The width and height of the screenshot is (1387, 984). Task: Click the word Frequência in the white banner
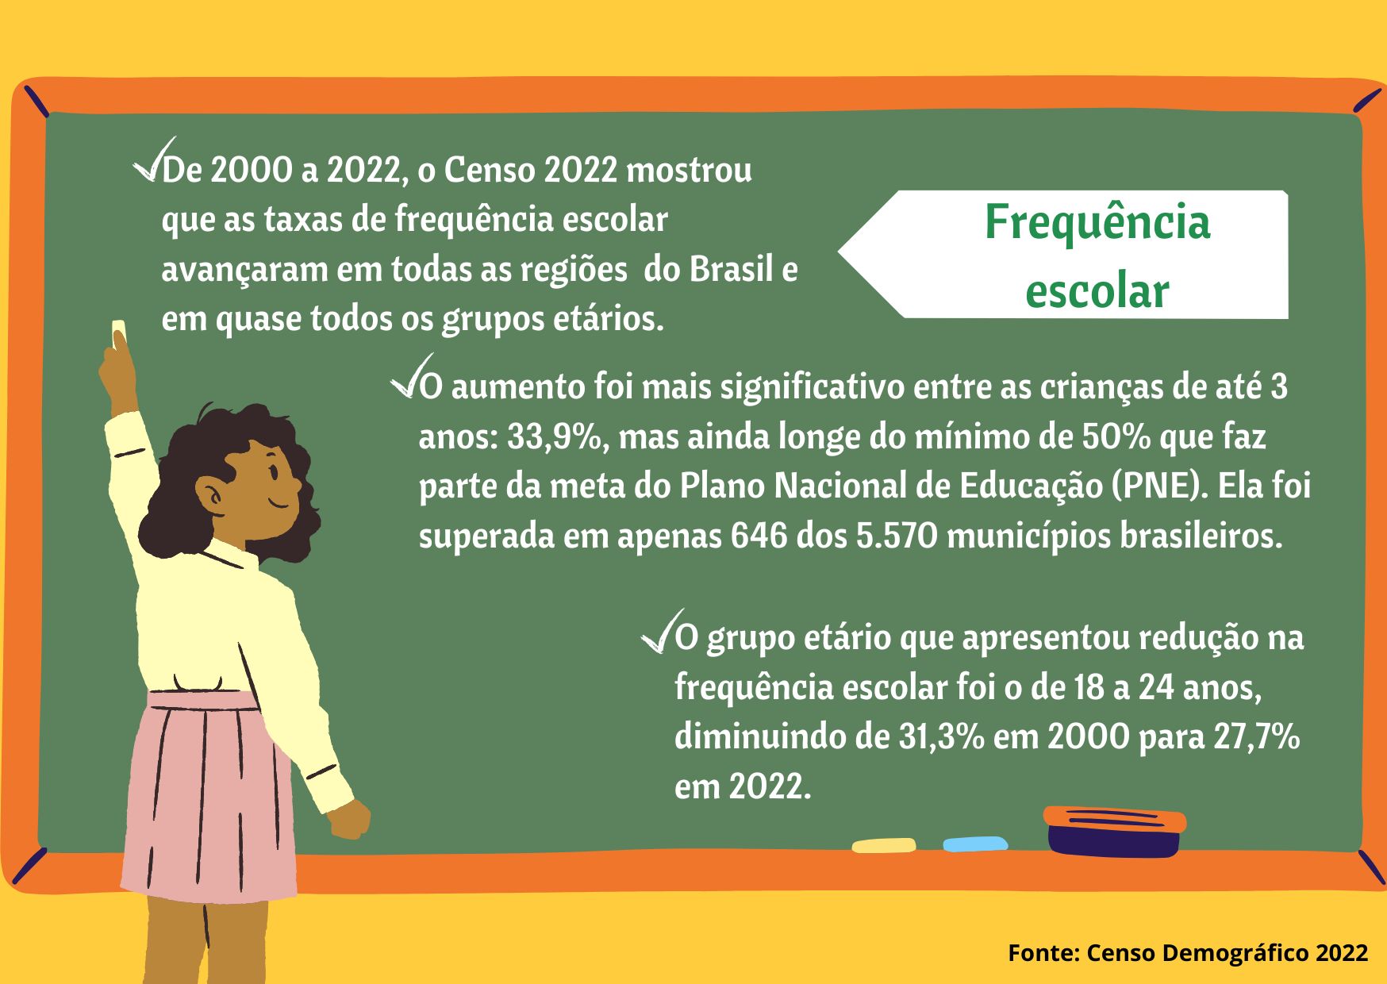tap(1097, 224)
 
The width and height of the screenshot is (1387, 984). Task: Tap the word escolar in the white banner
tap(1097, 291)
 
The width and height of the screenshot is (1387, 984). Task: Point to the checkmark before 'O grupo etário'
tap(660, 632)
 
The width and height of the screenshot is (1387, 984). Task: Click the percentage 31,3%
tap(941, 737)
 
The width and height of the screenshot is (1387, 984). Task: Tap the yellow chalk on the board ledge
tap(883, 846)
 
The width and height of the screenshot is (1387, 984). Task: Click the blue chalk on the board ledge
tap(975, 844)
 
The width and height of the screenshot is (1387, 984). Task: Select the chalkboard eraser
tap(1114, 832)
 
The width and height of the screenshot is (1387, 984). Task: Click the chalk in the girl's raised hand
tap(119, 331)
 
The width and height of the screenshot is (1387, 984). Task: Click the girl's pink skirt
tap(209, 798)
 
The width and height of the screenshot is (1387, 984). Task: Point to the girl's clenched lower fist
tap(349, 819)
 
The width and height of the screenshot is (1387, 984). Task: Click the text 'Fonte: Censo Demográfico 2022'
tap(1188, 952)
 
